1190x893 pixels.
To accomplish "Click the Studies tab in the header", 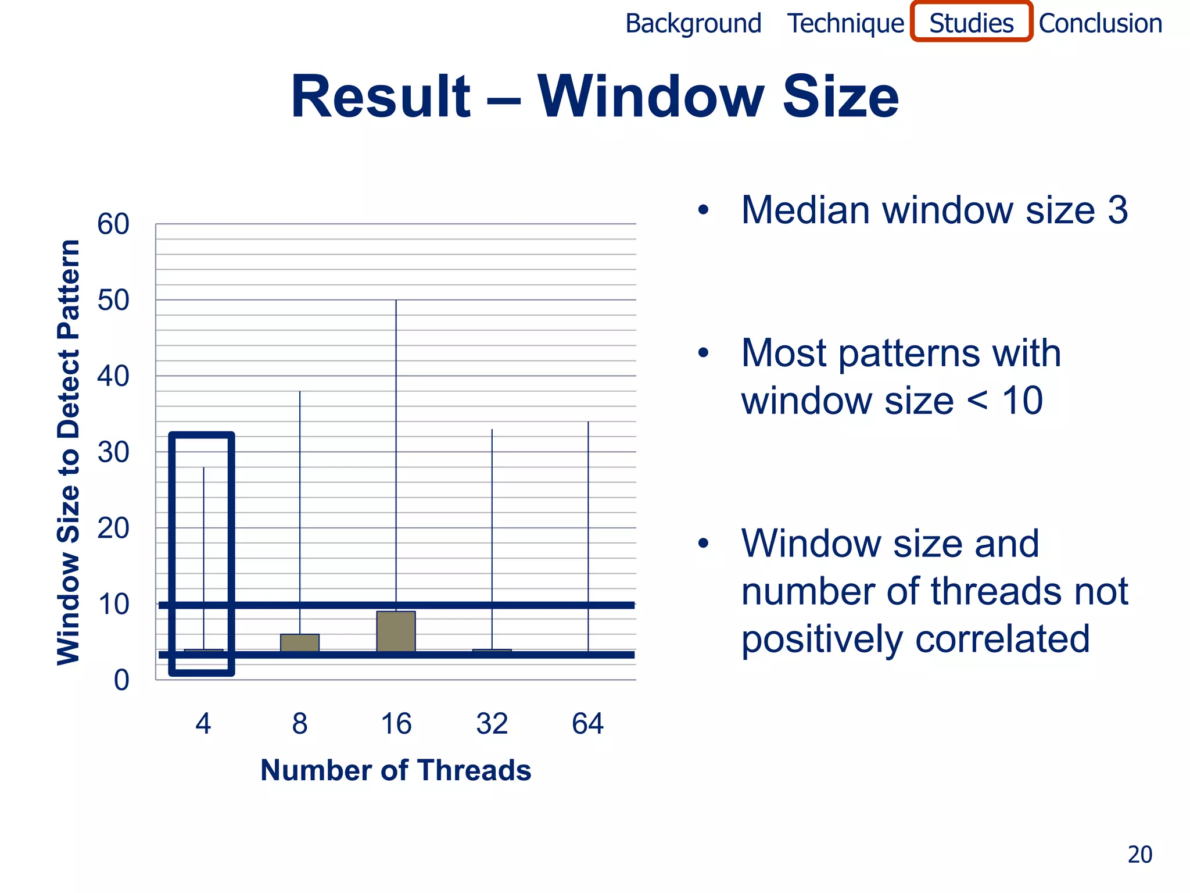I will pos(971,23).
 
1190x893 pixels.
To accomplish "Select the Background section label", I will pos(693,24).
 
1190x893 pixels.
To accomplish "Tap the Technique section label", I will pos(845,24).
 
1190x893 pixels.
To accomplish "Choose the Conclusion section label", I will pos(1100,24).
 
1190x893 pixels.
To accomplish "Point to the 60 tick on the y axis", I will pos(113,224).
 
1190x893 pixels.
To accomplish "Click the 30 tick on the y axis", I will pos(113,452).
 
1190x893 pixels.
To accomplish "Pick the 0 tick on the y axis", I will pos(121,680).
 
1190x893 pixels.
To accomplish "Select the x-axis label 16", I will pos(396,724).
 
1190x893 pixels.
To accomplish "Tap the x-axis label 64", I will pos(587,724).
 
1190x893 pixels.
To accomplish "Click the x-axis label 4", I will pos(203,724).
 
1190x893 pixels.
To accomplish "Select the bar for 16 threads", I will pos(396,631).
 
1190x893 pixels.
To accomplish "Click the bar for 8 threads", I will pos(299,642).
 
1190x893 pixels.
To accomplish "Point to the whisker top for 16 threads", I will pos(396,301).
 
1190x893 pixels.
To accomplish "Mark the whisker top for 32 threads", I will pos(492,430).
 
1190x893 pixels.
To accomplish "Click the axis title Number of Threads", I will pos(396,770).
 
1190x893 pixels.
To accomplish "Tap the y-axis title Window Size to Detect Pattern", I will pos(69,452).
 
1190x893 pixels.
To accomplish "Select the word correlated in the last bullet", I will pos(1002,638).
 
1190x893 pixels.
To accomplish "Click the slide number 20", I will pos(1139,855).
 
